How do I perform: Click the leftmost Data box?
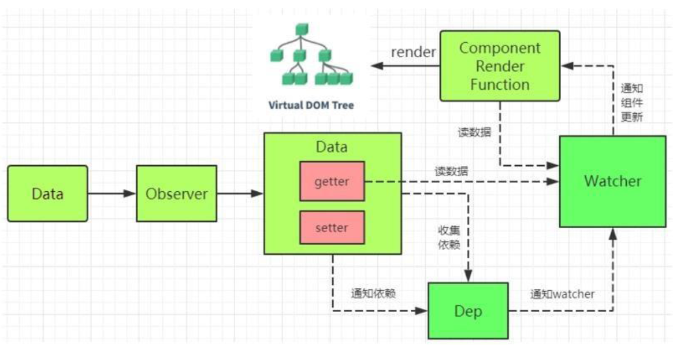coord(47,194)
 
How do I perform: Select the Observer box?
coord(176,194)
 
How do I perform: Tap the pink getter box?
coord(332,181)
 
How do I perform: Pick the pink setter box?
coord(332,228)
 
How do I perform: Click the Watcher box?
coord(612,181)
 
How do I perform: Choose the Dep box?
coord(468,311)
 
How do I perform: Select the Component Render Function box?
coord(500,66)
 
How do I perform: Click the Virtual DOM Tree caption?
coord(311,106)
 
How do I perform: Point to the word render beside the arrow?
coord(413,52)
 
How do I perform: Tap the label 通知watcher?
coord(562,294)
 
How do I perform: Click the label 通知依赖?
coord(373,293)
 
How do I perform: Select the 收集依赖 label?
coord(448,237)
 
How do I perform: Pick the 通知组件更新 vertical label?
coord(631,102)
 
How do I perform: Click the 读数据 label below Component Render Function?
coord(474,132)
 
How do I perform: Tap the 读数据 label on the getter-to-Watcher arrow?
coord(451,172)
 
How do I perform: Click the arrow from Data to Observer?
coord(112,194)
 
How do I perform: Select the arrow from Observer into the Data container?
coord(240,194)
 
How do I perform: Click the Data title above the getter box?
coord(332,147)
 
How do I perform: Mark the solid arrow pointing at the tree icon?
coord(404,66)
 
